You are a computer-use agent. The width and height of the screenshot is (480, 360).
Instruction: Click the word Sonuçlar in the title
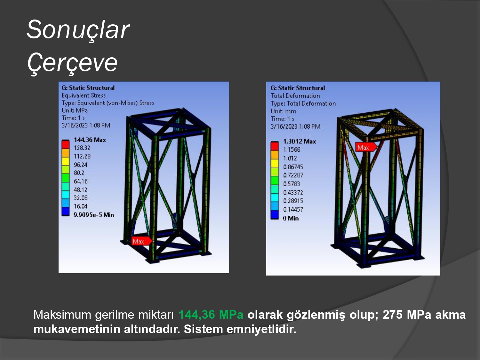pyautogui.click(x=78, y=30)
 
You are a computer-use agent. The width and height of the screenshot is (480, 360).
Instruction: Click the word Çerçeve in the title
pyautogui.click(x=72, y=63)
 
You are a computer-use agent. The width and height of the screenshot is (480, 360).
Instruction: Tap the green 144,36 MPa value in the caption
pyautogui.click(x=211, y=315)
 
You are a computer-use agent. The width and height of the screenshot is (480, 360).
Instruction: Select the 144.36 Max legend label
pyautogui.click(x=90, y=140)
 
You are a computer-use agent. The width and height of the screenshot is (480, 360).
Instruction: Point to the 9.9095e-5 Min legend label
pyautogui.click(x=94, y=215)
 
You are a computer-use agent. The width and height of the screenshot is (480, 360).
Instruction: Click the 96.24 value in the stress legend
pyautogui.click(x=80, y=165)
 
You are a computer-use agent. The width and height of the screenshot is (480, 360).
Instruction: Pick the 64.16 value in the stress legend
pyautogui.click(x=80, y=181)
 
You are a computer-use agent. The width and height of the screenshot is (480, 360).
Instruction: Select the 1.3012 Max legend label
pyautogui.click(x=300, y=141)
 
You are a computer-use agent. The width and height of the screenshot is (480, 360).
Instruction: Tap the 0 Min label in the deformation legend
pyautogui.click(x=291, y=218)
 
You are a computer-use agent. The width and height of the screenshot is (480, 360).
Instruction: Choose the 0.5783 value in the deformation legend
pyautogui.click(x=292, y=184)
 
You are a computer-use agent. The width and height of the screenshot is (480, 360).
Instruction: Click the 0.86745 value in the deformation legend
pyautogui.click(x=293, y=167)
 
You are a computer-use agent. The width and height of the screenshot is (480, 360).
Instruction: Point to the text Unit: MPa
pyautogui.click(x=75, y=110)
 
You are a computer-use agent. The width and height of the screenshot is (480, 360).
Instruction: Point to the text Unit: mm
pyautogui.click(x=284, y=111)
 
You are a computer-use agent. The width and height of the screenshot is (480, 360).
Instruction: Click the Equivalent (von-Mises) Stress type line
pyautogui.click(x=108, y=103)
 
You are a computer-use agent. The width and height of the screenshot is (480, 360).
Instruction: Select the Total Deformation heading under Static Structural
pyautogui.click(x=295, y=96)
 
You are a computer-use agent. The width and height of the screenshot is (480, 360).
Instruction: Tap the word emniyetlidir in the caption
pyautogui.click(x=261, y=329)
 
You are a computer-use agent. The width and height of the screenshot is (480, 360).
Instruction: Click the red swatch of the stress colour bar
pyautogui.click(x=65, y=144)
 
